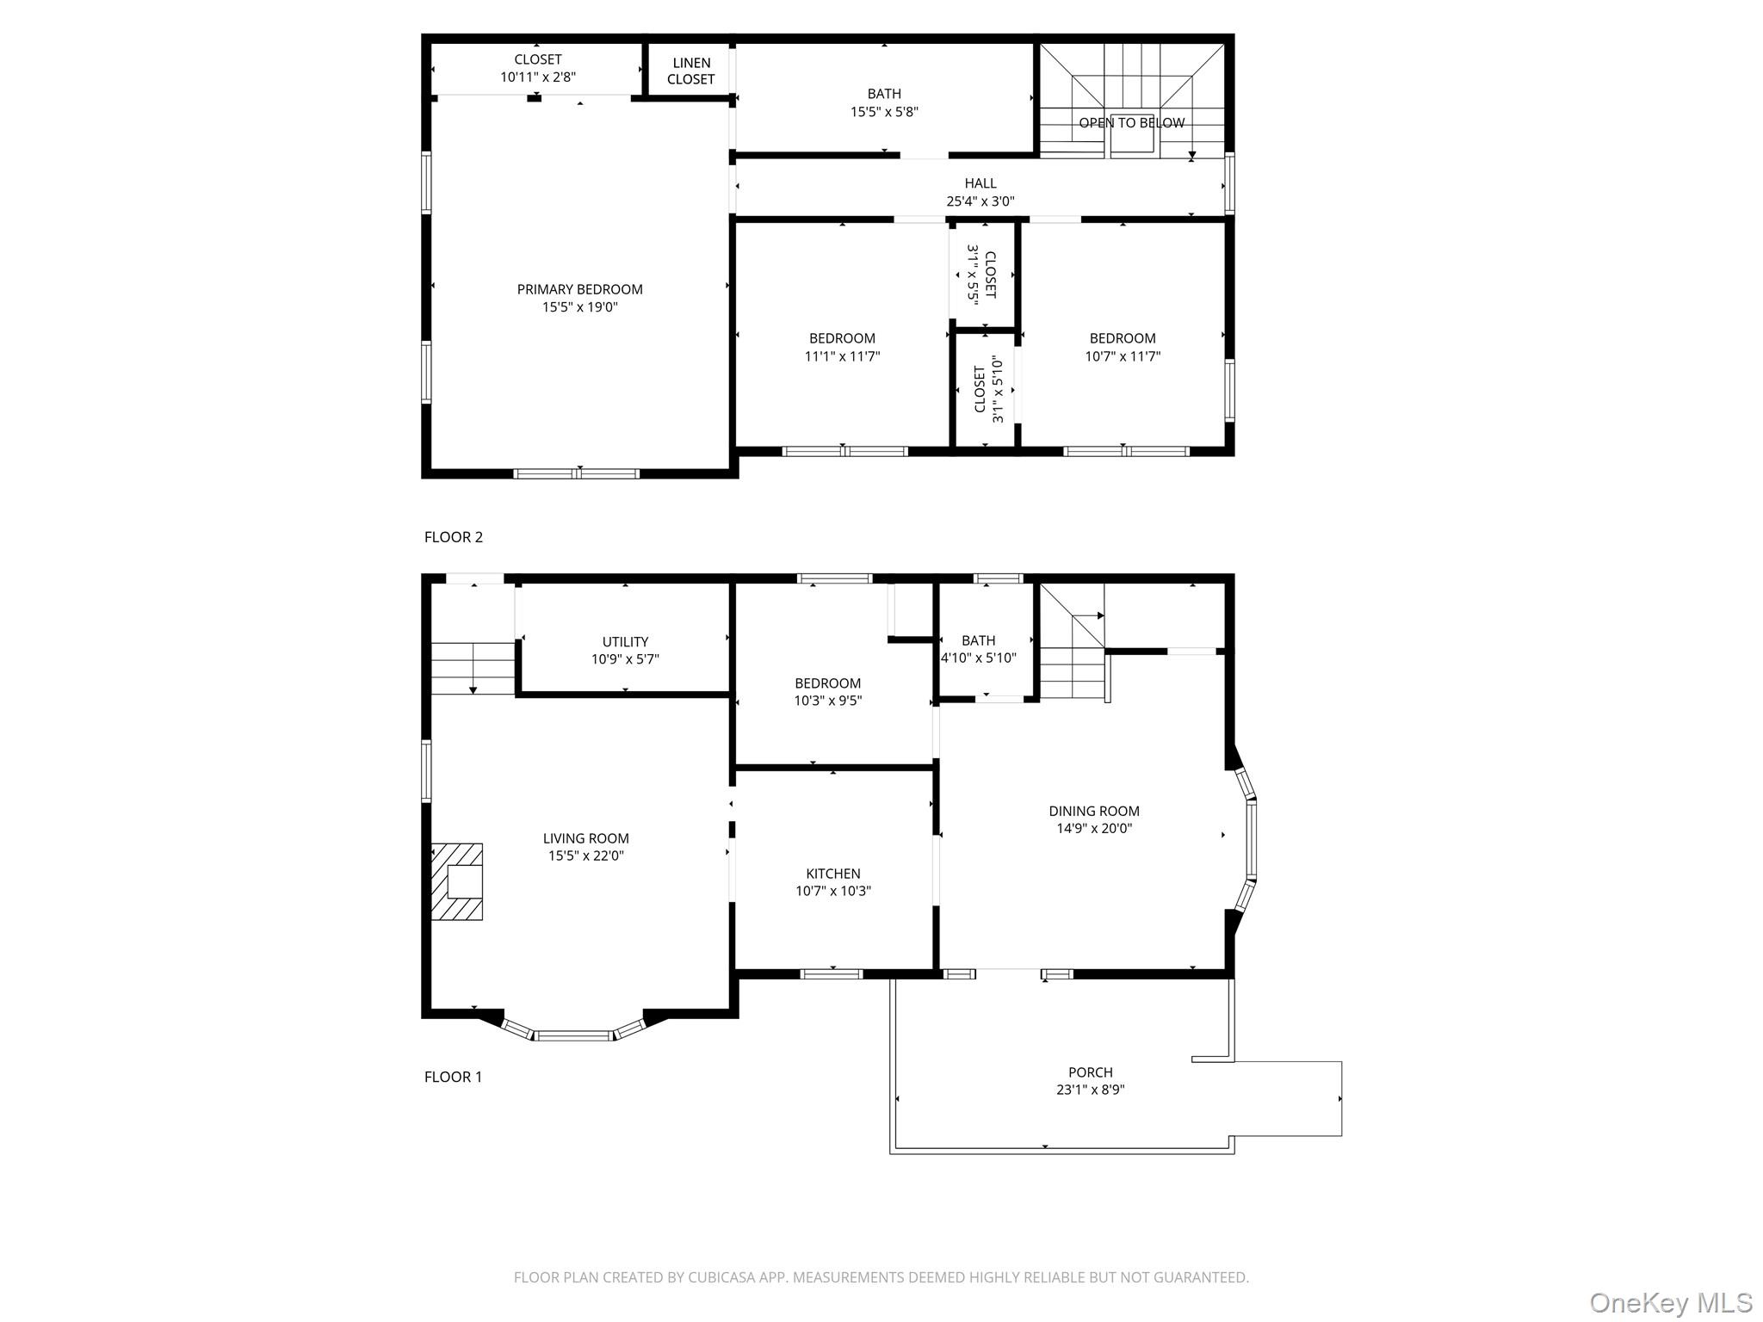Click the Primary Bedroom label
[579, 289]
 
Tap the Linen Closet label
[690, 71]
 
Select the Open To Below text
[1131, 123]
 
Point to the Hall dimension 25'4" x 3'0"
[980, 201]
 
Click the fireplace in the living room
[456, 881]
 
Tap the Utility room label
[625, 642]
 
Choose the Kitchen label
[832, 874]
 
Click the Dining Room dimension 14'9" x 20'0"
[1094, 829]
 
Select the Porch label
[1090, 1072]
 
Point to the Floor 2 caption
[454, 537]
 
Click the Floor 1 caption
[454, 1077]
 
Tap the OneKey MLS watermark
[1670, 1302]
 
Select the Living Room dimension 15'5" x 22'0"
[585, 856]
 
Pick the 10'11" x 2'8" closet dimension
[538, 77]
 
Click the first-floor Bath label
[978, 640]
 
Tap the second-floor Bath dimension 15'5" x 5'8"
[884, 112]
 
